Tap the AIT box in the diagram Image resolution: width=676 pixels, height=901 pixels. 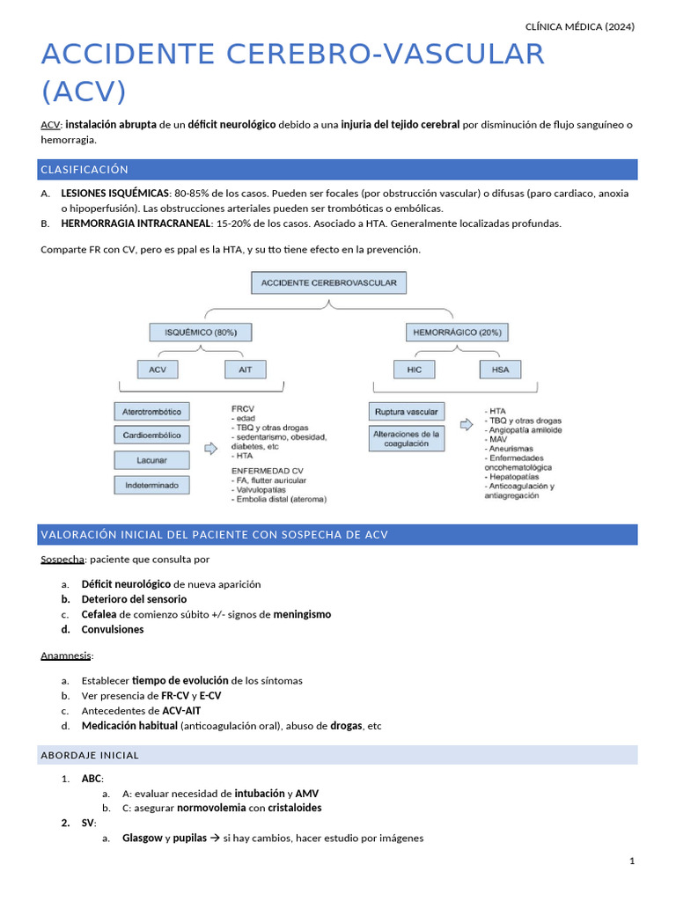[245, 370]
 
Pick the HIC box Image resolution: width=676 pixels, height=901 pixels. [415, 370]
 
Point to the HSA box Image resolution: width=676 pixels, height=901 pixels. [500, 370]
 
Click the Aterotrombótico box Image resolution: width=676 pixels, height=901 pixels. [152, 411]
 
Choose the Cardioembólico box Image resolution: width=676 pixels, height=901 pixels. [152, 435]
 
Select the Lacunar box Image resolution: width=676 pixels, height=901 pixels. [152, 459]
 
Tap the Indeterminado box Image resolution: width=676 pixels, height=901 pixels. [152, 484]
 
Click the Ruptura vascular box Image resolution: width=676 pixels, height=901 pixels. [406, 412]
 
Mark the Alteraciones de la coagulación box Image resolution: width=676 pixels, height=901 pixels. [407, 439]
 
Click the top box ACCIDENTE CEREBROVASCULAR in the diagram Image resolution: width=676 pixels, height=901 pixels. [328, 283]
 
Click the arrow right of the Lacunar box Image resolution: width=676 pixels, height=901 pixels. [210, 449]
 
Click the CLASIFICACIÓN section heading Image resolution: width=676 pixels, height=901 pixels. [84, 169]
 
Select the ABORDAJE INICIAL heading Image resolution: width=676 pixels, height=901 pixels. [90, 755]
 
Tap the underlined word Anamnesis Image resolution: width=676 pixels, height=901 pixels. [66, 656]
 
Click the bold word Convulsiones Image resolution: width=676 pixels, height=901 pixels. [113, 630]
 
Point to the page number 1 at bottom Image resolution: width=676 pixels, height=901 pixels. [632, 861]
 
